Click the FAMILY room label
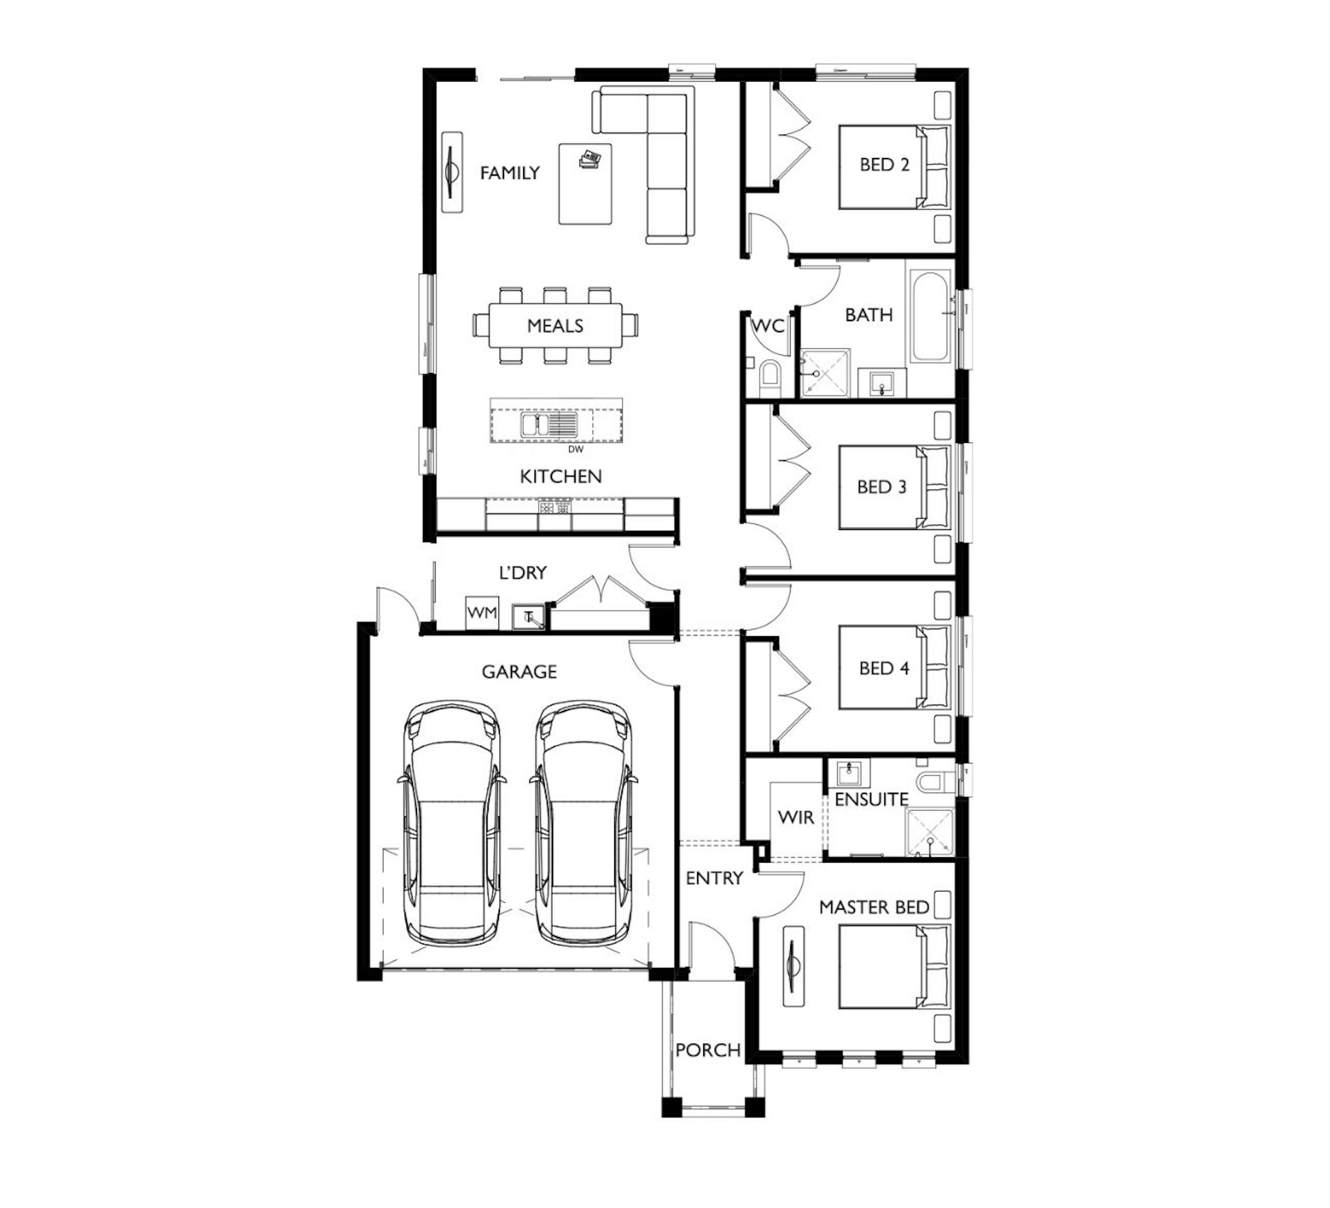(510, 173)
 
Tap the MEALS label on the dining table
(555, 326)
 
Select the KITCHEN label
(561, 477)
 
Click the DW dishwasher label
(576, 449)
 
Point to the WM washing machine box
(482, 613)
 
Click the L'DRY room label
(523, 572)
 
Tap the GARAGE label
(519, 671)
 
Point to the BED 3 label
(882, 487)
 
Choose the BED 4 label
(884, 668)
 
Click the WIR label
(796, 817)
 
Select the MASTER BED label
(874, 907)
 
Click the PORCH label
(708, 1049)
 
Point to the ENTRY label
(714, 878)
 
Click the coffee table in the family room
(585, 184)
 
